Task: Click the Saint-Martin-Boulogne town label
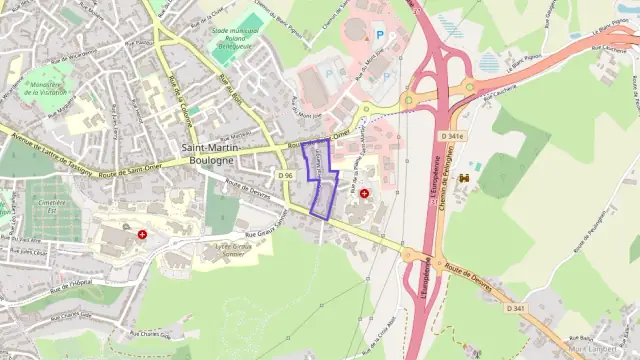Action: [208, 154]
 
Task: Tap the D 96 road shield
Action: [285, 176]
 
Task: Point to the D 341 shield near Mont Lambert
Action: [516, 308]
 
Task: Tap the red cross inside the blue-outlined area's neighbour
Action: [365, 193]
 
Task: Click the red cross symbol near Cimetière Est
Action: [143, 234]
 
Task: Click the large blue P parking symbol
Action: [380, 35]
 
